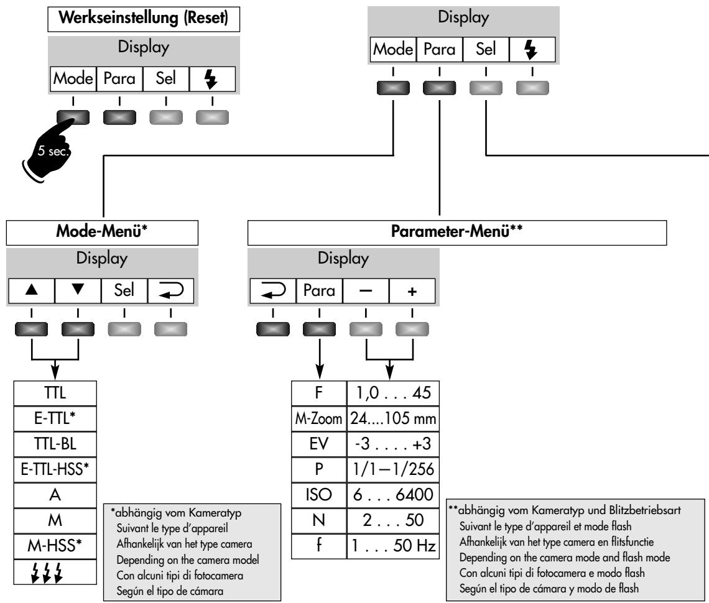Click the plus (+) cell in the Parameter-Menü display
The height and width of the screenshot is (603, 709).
click(412, 290)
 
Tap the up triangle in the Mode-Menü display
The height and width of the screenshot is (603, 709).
click(31, 290)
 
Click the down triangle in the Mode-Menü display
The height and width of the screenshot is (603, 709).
click(78, 290)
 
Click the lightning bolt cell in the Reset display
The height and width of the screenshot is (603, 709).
click(213, 80)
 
